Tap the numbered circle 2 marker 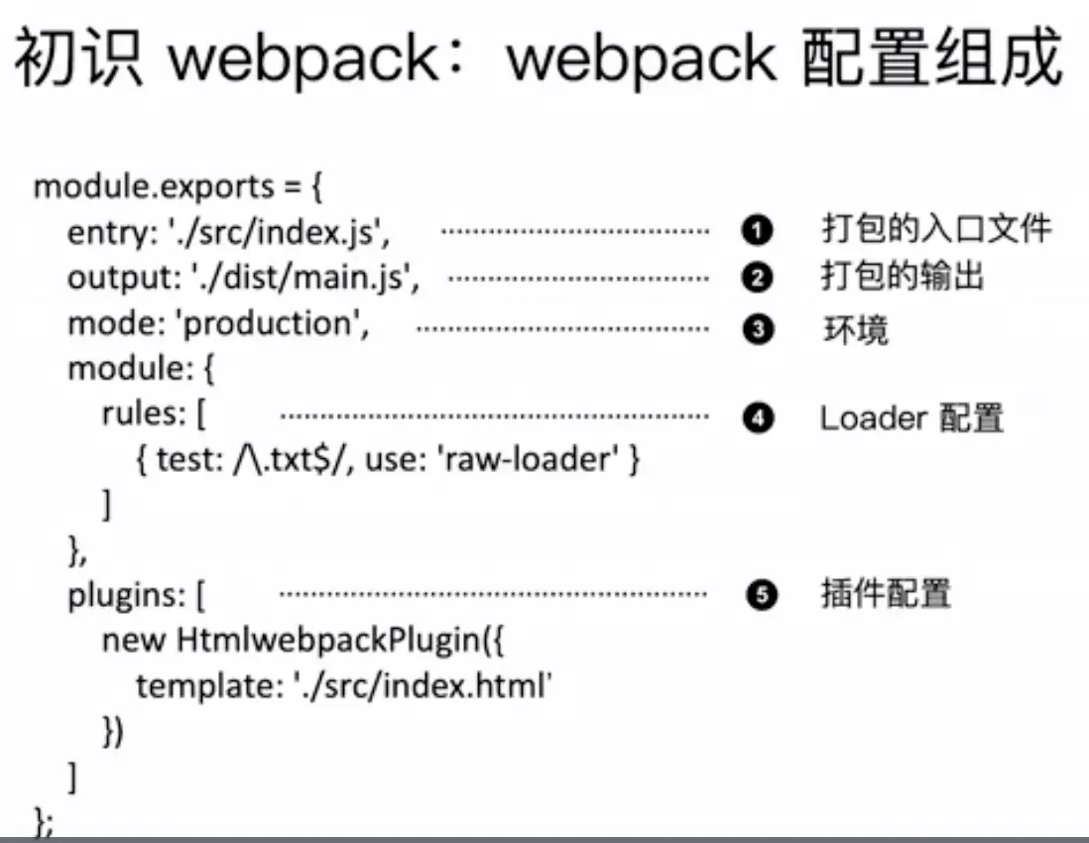pyautogui.click(x=757, y=279)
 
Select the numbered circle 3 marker pyautogui.click(x=757, y=330)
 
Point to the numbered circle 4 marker pyautogui.click(x=757, y=420)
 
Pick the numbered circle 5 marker pyautogui.click(x=757, y=596)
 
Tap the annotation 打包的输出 pyautogui.click(x=902, y=277)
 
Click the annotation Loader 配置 pyautogui.click(x=911, y=419)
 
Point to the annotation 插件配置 pyautogui.click(x=886, y=595)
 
